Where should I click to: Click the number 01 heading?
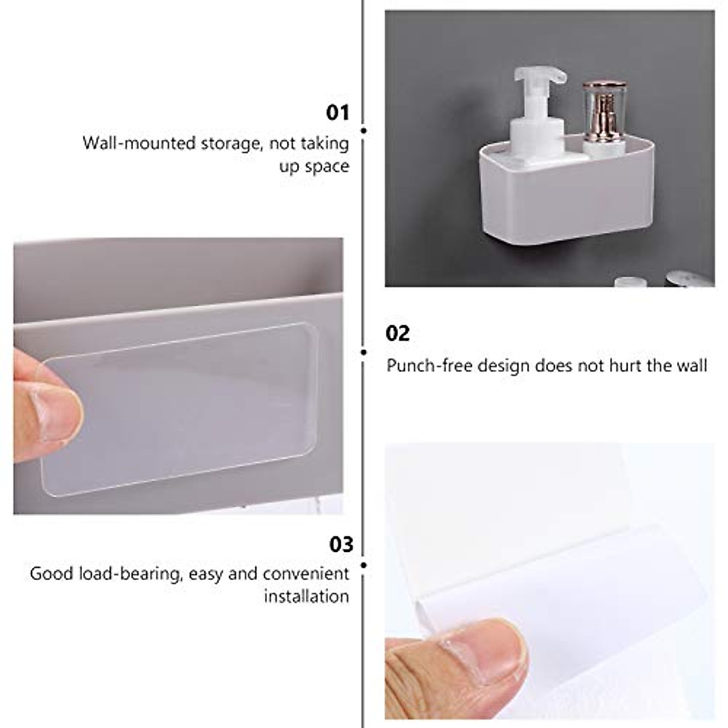pyautogui.click(x=339, y=112)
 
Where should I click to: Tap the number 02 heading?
pyautogui.click(x=398, y=333)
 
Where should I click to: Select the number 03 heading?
pyautogui.click(x=341, y=544)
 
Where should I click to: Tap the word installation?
pyautogui.click(x=306, y=596)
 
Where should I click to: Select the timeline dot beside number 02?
pyautogui.click(x=363, y=352)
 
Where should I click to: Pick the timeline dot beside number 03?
pyautogui.click(x=363, y=565)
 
